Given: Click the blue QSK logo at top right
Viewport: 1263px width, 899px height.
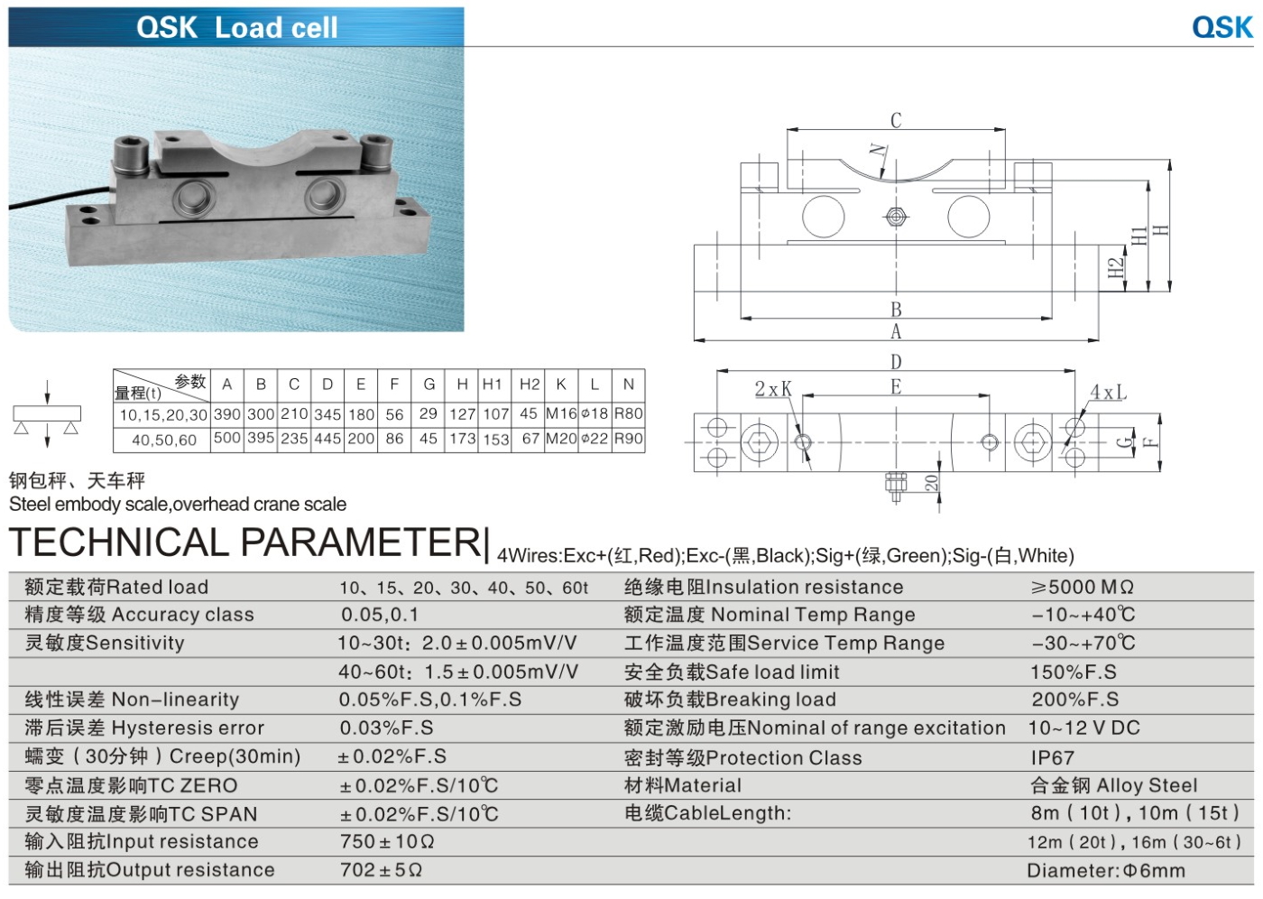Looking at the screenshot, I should coord(1222,27).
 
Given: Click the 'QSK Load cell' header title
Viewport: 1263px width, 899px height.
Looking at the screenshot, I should coord(237,27).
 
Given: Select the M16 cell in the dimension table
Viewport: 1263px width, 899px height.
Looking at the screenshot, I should coord(560,413).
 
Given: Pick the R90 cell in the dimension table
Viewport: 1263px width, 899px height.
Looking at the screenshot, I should coord(628,439).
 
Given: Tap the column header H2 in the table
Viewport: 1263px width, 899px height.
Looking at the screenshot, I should coord(529,384).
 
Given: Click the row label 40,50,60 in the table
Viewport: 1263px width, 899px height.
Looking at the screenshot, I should coord(163,440).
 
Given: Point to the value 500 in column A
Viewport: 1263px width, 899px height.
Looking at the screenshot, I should coord(226,439).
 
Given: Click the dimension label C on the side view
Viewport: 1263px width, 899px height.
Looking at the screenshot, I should coord(895,120).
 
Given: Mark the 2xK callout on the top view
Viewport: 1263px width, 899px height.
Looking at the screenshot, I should coord(772,389).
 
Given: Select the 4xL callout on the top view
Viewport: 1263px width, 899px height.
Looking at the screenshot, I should coord(1107,393).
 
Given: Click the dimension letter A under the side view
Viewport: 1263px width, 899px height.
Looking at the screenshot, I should coord(895,331).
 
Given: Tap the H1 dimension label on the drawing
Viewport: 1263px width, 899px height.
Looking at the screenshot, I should coord(1139,236).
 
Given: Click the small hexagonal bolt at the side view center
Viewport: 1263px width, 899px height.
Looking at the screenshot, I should coord(895,217).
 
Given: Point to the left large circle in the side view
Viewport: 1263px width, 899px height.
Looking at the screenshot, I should coord(823,217).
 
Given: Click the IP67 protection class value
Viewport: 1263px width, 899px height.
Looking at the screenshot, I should coord(1052,757).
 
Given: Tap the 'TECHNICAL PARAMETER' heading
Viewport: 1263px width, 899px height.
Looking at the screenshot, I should coord(245,542).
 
